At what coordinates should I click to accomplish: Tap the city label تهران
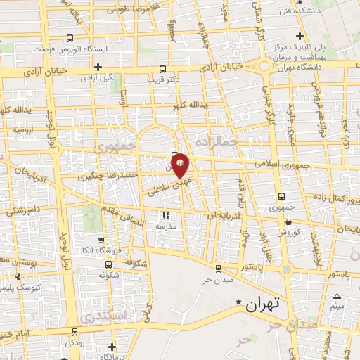(264, 304)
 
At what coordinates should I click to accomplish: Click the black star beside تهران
(239, 304)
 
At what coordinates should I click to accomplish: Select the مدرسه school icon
(167, 216)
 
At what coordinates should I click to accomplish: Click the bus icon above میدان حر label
(217, 268)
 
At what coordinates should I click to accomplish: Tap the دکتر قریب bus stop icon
(162, 69)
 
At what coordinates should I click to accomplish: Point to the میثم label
(337, 306)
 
